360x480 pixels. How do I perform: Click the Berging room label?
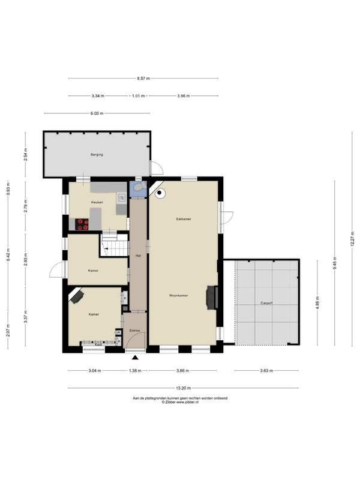tap(97, 155)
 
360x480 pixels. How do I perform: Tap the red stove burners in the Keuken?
tap(82, 224)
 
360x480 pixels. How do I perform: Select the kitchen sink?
tap(122, 198)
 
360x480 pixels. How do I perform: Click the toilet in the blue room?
tap(140, 186)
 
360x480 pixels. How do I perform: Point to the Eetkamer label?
tap(184, 219)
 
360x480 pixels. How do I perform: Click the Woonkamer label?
tap(178, 295)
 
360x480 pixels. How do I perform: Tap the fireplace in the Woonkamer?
tap(212, 297)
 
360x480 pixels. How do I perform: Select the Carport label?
tap(266, 303)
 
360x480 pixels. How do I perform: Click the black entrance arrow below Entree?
tap(135, 357)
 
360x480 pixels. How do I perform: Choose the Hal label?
tap(138, 256)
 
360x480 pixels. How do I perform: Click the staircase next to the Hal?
tap(114, 245)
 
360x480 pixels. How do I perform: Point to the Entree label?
tap(134, 331)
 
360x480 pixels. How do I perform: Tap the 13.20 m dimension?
tap(184, 388)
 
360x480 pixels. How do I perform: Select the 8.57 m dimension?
tap(143, 79)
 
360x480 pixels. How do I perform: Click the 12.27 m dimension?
tap(352, 239)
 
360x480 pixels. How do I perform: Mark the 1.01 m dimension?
tap(138, 96)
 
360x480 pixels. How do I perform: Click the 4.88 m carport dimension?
tap(317, 303)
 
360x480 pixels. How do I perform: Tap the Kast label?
tap(98, 344)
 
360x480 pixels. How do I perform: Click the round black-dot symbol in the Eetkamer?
tap(160, 193)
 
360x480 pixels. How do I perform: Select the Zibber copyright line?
tap(180, 402)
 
